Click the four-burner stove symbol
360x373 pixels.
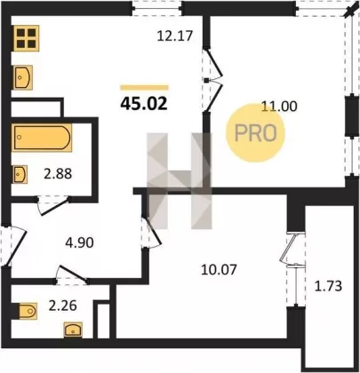point(26,38)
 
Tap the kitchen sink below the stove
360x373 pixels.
point(23,77)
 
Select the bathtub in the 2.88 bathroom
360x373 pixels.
point(42,138)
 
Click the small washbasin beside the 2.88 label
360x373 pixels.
point(20,174)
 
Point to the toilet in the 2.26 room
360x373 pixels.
point(26,311)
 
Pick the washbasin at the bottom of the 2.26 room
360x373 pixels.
point(73,330)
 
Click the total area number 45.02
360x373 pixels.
point(144,104)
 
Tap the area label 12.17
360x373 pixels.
point(175,36)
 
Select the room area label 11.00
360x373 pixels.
point(279,106)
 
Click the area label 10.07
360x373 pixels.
point(219,270)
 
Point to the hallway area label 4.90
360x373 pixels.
point(79,242)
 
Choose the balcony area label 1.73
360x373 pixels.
point(328,286)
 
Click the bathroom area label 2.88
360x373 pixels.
point(58,174)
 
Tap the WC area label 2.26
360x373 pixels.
point(63,306)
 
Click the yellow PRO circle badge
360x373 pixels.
point(255,132)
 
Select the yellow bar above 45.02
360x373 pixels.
point(144,87)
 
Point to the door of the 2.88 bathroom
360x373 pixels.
point(53,204)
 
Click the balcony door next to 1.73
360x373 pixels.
point(292,269)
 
